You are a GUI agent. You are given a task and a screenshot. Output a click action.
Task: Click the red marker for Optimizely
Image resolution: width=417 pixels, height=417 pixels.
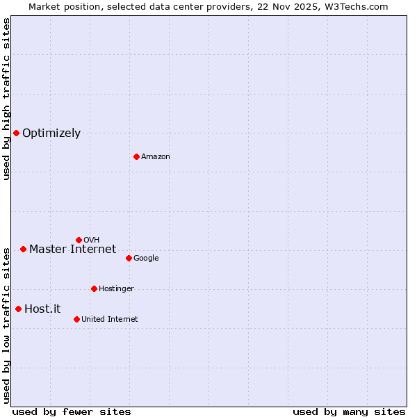[16, 133]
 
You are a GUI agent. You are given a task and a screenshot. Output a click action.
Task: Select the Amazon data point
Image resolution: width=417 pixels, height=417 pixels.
[136, 156]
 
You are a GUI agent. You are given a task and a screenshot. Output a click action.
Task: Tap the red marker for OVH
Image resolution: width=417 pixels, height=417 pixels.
[79, 240]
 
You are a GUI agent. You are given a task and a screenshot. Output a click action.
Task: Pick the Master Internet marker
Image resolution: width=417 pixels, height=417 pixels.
[23, 249]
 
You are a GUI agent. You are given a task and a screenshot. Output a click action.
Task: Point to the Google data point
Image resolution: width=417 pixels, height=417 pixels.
[129, 258]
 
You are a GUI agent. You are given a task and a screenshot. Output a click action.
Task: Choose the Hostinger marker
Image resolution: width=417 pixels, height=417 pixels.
[94, 288]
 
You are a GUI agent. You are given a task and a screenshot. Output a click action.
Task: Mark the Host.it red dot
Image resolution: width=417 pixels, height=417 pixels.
[18, 309]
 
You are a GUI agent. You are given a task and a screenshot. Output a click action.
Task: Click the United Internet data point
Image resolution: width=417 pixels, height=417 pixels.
[76, 319]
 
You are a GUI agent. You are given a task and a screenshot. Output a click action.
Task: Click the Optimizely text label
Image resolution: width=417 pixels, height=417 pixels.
[51, 133]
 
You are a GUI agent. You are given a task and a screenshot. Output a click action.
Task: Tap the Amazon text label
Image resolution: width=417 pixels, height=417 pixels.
[156, 157]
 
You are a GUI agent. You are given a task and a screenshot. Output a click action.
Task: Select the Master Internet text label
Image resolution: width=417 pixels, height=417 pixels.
[72, 250]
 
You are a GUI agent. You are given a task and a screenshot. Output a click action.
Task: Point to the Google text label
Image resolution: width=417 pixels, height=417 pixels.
[146, 259]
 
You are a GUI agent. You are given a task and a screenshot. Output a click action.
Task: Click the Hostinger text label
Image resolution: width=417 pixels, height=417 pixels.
[116, 289]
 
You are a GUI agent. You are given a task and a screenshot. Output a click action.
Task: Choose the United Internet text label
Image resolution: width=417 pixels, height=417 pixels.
[110, 320]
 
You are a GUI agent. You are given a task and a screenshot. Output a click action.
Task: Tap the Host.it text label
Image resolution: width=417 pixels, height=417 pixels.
[43, 309]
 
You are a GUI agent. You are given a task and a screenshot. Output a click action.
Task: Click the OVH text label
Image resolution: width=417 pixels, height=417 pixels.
[91, 240]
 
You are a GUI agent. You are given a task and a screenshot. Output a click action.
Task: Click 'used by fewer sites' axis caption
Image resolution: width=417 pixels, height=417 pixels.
[72, 411]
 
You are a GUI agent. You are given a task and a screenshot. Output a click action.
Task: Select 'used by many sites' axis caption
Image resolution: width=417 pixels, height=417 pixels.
[349, 411]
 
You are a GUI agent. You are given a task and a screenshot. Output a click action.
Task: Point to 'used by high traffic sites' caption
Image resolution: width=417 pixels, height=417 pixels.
[6, 99]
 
